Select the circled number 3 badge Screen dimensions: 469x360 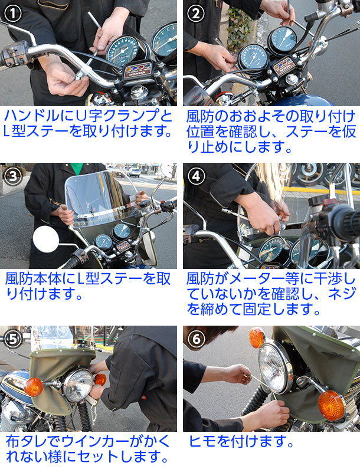click(13, 176)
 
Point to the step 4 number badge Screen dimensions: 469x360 click(196, 176)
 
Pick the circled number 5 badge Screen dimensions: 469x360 click(13, 339)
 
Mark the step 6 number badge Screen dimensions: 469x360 click(196, 339)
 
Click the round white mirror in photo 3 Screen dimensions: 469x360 click(46, 241)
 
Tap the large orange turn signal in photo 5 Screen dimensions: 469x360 click(33, 388)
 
